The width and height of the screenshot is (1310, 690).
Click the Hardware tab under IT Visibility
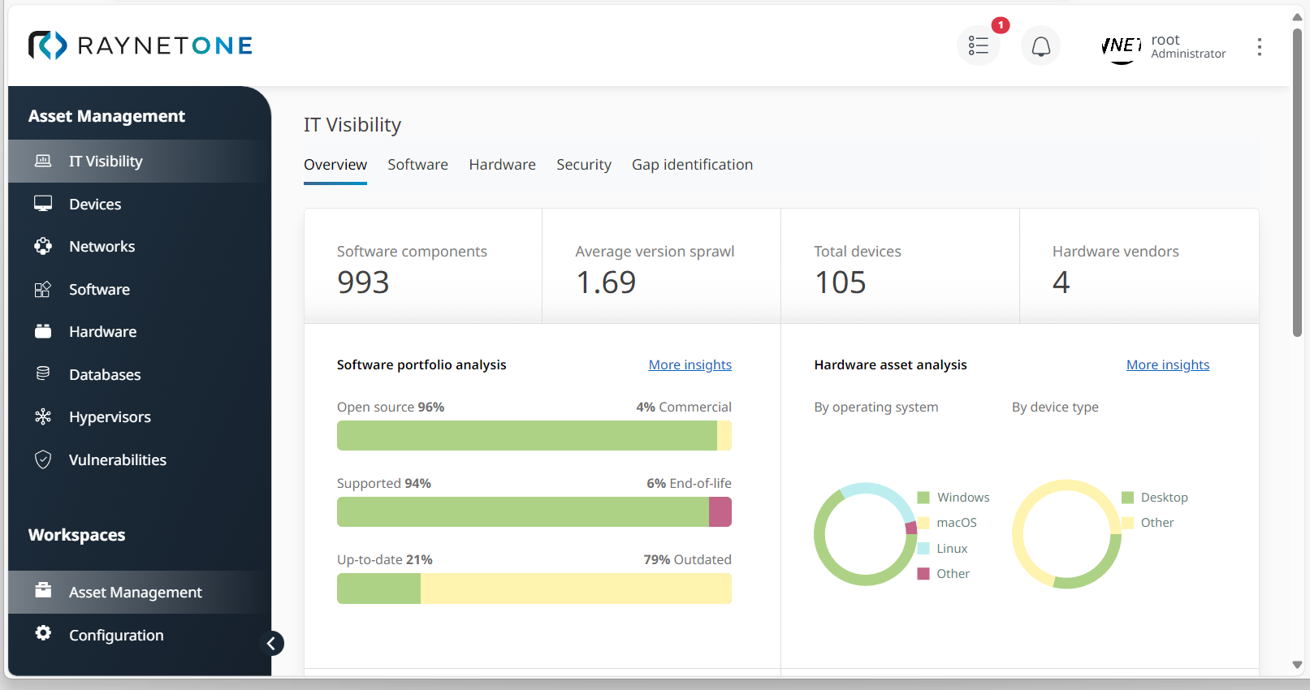(x=502, y=165)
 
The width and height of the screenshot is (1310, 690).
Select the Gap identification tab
(x=692, y=165)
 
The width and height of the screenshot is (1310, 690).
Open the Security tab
(x=583, y=165)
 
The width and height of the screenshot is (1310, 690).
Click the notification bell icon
(x=1040, y=46)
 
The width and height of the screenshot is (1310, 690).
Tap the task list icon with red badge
(x=979, y=46)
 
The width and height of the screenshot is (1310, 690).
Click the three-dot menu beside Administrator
(x=1259, y=47)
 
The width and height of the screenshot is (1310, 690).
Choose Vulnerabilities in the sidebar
(x=117, y=460)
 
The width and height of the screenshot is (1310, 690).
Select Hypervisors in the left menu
(x=110, y=417)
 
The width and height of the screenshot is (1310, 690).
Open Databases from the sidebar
(x=105, y=375)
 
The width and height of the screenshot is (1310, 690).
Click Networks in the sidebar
(x=102, y=247)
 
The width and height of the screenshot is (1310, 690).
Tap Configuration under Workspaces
(x=116, y=636)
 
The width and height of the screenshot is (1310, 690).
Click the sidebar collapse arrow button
(x=272, y=644)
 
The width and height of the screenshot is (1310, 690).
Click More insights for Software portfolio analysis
(x=690, y=365)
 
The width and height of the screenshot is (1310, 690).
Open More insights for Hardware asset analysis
(x=1167, y=365)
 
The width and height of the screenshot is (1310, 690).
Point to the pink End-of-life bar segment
(x=720, y=512)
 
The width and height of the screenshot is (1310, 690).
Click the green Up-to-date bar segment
(x=378, y=589)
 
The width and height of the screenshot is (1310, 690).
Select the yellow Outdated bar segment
(x=576, y=589)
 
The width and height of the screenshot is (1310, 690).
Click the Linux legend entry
(x=951, y=549)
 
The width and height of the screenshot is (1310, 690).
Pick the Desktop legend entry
(x=1163, y=498)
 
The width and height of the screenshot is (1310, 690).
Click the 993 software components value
(x=363, y=282)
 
